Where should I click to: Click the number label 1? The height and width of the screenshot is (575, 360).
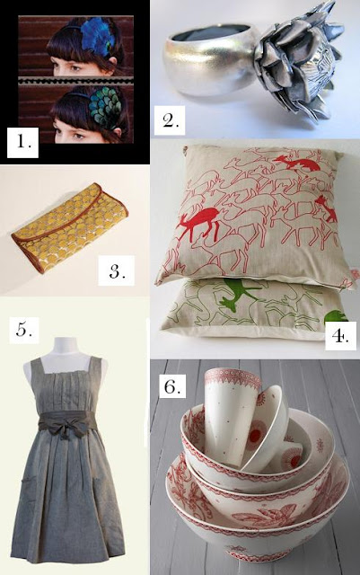pos(23,142)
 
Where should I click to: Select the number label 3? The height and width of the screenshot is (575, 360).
pos(116,270)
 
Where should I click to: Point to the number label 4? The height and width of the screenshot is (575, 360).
pos(340,335)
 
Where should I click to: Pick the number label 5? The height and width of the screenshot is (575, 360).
pos(24,330)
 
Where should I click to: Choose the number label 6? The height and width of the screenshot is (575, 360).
pos(171,385)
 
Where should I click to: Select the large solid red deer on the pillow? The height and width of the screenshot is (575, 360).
pos(200,222)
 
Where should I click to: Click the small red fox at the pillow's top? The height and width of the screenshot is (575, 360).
pos(298,164)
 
